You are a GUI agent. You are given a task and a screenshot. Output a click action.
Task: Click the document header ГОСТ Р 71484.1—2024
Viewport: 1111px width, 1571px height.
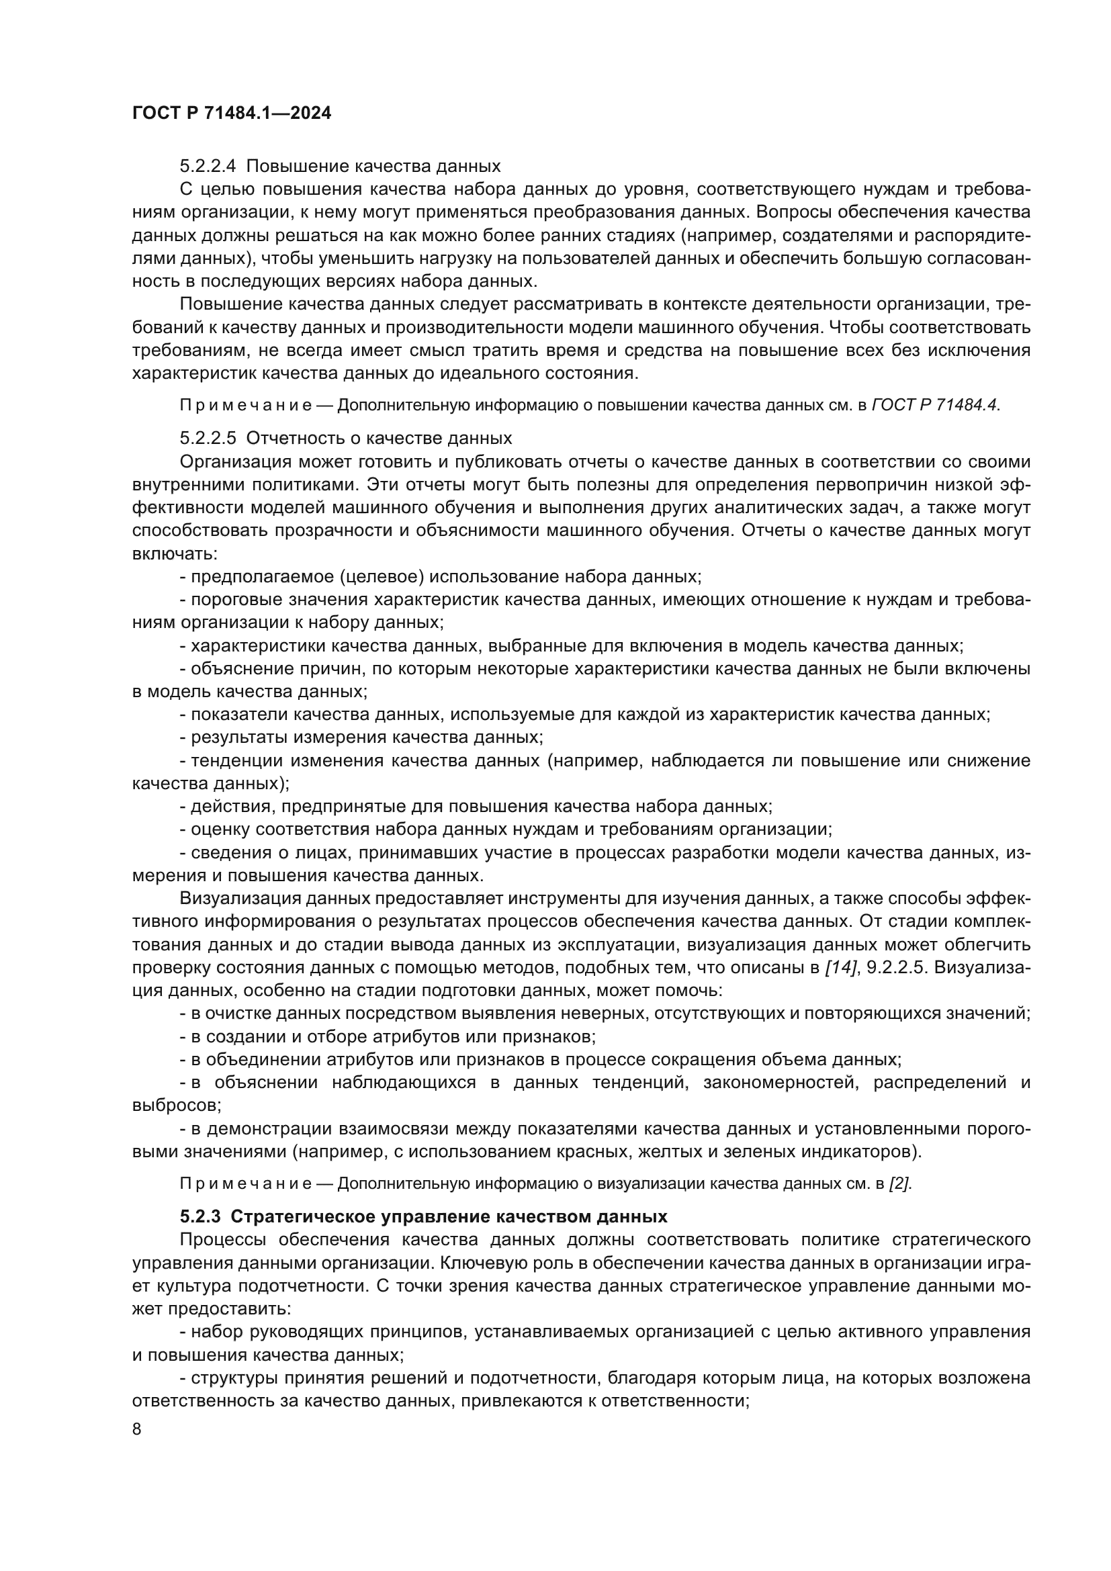(x=231, y=113)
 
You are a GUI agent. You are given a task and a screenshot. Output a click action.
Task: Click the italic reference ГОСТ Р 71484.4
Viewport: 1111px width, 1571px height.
(x=935, y=405)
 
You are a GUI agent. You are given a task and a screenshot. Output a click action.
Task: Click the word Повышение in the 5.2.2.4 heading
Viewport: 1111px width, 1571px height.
(x=297, y=166)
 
